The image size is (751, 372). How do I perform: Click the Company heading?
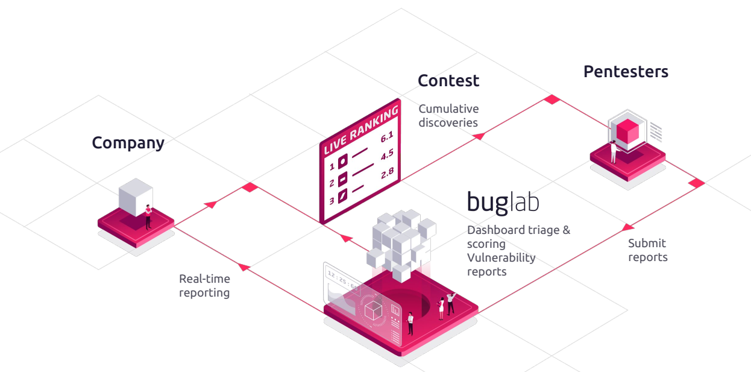(128, 143)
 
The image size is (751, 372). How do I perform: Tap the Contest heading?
(448, 81)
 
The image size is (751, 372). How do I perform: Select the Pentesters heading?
(626, 72)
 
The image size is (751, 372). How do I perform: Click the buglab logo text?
(503, 202)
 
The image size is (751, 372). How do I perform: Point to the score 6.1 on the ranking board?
(387, 137)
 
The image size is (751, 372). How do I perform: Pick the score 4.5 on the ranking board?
(387, 155)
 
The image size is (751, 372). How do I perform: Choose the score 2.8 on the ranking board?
(388, 173)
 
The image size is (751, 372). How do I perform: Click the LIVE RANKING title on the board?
(361, 130)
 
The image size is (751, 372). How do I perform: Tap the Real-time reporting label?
(204, 286)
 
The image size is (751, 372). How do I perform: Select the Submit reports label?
(648, 250)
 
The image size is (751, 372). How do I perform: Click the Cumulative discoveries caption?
(448, 116)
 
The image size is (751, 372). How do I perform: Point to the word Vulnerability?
(501, 257)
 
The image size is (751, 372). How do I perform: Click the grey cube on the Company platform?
(136, 197)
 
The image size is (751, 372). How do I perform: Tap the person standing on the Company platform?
(148, 217)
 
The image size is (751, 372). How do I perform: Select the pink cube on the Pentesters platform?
(627, 131)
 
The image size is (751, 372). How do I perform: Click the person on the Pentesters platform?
(614, 152)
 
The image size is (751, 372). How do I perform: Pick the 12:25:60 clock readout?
(342, 280)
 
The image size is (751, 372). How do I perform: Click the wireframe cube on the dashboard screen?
(373, 310)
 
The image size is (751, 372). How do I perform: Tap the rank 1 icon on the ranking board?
(342, 162)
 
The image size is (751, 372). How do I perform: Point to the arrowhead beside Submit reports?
(627, 228)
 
